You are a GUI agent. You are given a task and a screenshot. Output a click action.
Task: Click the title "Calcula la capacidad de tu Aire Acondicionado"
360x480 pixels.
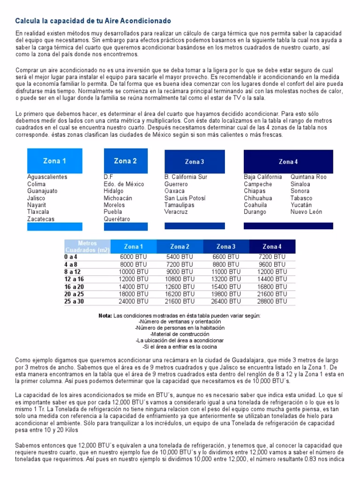[93, 21]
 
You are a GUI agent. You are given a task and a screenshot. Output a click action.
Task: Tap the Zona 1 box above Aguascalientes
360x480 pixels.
[54, 161]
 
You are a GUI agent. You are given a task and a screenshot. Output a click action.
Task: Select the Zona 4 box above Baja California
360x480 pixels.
[288, 162]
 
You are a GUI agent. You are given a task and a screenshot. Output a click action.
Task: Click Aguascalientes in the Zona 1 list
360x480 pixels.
[47, 177]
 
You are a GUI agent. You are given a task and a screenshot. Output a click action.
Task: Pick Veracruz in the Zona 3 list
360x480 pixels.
[176, 212]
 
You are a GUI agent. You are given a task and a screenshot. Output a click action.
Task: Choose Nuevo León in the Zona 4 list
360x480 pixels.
[307, 212]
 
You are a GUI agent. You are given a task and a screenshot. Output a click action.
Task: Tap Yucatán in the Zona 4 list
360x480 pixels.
[301, 205]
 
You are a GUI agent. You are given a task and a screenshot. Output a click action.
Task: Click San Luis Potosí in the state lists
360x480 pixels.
[185, 198]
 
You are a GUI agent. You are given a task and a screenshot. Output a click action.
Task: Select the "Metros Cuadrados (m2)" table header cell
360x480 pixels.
[87, 247]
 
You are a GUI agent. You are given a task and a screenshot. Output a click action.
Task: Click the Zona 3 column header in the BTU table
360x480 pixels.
[226, 247]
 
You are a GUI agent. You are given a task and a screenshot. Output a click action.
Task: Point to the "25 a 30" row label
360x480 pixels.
[74, 301]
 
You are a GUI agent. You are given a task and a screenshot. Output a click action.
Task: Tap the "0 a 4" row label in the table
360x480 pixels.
[71, 257]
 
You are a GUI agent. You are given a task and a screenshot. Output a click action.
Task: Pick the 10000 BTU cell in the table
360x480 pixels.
[134, 272]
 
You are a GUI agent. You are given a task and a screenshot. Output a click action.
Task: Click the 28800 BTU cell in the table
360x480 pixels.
[272, 301]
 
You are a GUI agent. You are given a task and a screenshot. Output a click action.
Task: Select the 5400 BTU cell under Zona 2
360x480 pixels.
[180, 257]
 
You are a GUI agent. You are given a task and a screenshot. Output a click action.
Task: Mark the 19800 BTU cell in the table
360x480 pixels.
[226, 294]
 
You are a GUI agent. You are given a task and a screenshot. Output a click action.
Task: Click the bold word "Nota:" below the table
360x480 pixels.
[105, 315]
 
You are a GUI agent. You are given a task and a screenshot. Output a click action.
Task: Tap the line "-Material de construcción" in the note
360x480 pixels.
[180, 334]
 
